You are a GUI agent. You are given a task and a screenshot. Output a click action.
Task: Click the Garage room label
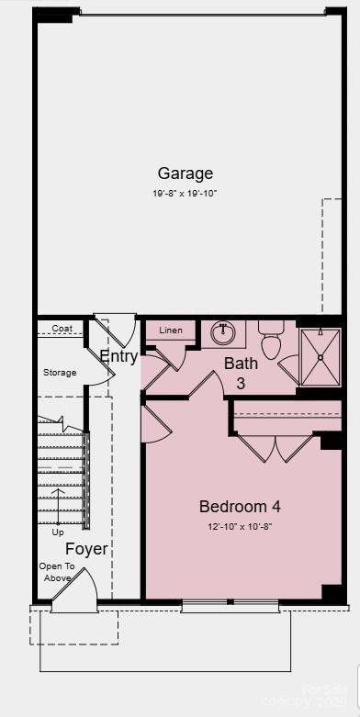185,174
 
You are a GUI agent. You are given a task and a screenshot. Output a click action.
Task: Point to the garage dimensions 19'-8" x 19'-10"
185,194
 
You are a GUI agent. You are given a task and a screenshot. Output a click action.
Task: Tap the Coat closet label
62,329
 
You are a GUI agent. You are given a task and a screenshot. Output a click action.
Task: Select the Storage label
60,373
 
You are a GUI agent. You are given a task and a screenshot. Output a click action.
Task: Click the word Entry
118,357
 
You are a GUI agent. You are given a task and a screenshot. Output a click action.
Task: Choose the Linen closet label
171,330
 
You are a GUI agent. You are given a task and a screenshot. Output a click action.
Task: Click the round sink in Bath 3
220,331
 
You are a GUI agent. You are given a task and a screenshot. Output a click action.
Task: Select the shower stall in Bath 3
320,356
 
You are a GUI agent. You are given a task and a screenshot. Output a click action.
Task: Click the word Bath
241,364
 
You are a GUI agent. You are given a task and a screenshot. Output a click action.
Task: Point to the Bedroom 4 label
240,507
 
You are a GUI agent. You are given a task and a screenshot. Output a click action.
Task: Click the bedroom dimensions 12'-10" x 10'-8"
240,527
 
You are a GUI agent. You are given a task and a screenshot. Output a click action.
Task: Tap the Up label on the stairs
58,532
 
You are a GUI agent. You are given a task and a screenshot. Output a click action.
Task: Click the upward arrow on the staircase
58,505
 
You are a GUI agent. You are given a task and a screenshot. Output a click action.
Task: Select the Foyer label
86,550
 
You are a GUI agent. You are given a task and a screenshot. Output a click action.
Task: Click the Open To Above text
56,572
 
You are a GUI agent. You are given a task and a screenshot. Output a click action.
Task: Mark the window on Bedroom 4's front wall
230,606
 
